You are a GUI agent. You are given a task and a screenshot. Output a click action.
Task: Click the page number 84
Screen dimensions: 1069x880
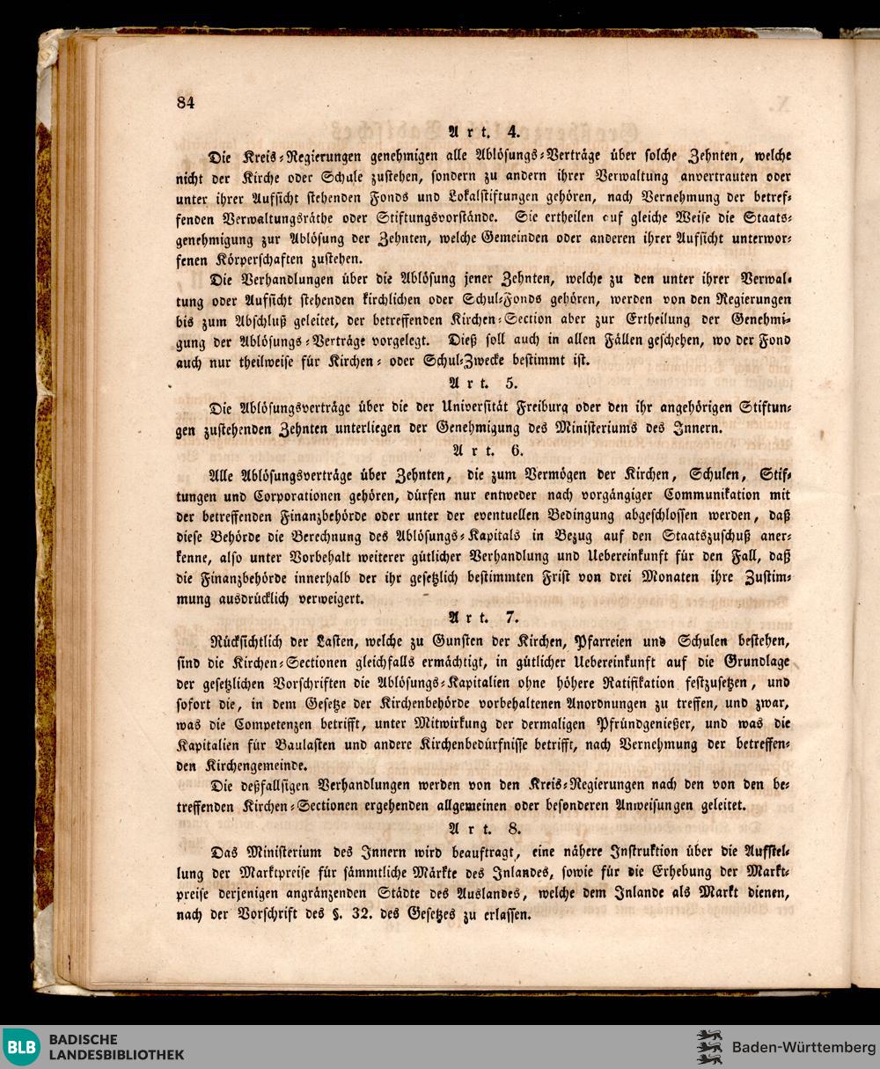[185, 102]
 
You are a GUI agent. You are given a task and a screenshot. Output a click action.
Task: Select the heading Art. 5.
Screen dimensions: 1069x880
[487, 384]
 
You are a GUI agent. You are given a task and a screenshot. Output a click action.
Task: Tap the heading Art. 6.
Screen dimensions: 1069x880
[487, 451]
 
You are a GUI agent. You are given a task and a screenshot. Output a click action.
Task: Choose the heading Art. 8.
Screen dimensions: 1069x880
[487, 828]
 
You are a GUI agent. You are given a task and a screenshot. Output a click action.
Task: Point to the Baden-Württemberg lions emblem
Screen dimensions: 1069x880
[708, 1047]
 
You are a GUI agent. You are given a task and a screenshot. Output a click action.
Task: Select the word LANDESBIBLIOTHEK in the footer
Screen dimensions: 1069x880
[116, 1055]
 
